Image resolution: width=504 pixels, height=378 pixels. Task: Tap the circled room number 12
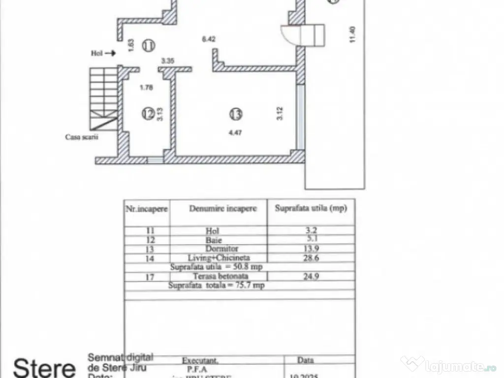148,114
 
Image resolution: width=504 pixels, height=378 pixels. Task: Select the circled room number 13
236,114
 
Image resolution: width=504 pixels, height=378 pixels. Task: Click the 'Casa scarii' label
82,137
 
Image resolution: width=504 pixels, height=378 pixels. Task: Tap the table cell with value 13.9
311,249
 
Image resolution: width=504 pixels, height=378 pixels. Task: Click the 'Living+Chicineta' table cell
219,257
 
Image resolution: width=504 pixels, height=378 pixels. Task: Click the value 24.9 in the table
311,276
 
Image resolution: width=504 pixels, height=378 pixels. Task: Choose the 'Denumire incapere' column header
223,209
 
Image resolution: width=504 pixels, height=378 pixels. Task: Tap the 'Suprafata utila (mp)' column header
311,208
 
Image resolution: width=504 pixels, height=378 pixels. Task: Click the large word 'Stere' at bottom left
44,368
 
